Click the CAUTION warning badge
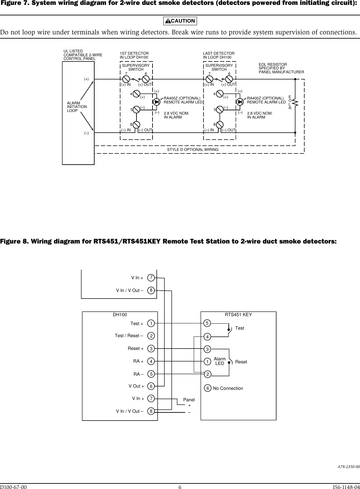pos(180,21)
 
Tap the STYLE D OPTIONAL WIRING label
pos(192,150)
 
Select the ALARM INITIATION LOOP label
pos(77,107)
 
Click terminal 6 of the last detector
pos(229,79)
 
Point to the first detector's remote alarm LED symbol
pos(157,102)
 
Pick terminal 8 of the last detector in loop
pos(220,125)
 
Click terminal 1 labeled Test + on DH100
pos(151,323)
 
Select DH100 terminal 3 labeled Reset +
pos(151,349)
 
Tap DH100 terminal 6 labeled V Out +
pos(151,386)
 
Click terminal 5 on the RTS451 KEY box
pos(207,323)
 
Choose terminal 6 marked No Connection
pos(207,388)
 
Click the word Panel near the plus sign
pos(189,400)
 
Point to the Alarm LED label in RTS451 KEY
pos(220,361)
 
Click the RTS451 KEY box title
pos(238,315)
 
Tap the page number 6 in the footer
pos(180,486)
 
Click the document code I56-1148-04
pos(346,486)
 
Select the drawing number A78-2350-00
pos(349,466)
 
